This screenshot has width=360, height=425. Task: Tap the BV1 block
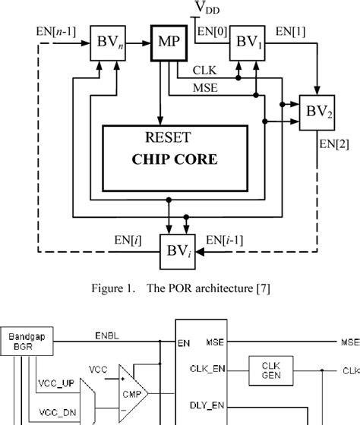(246, 41)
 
